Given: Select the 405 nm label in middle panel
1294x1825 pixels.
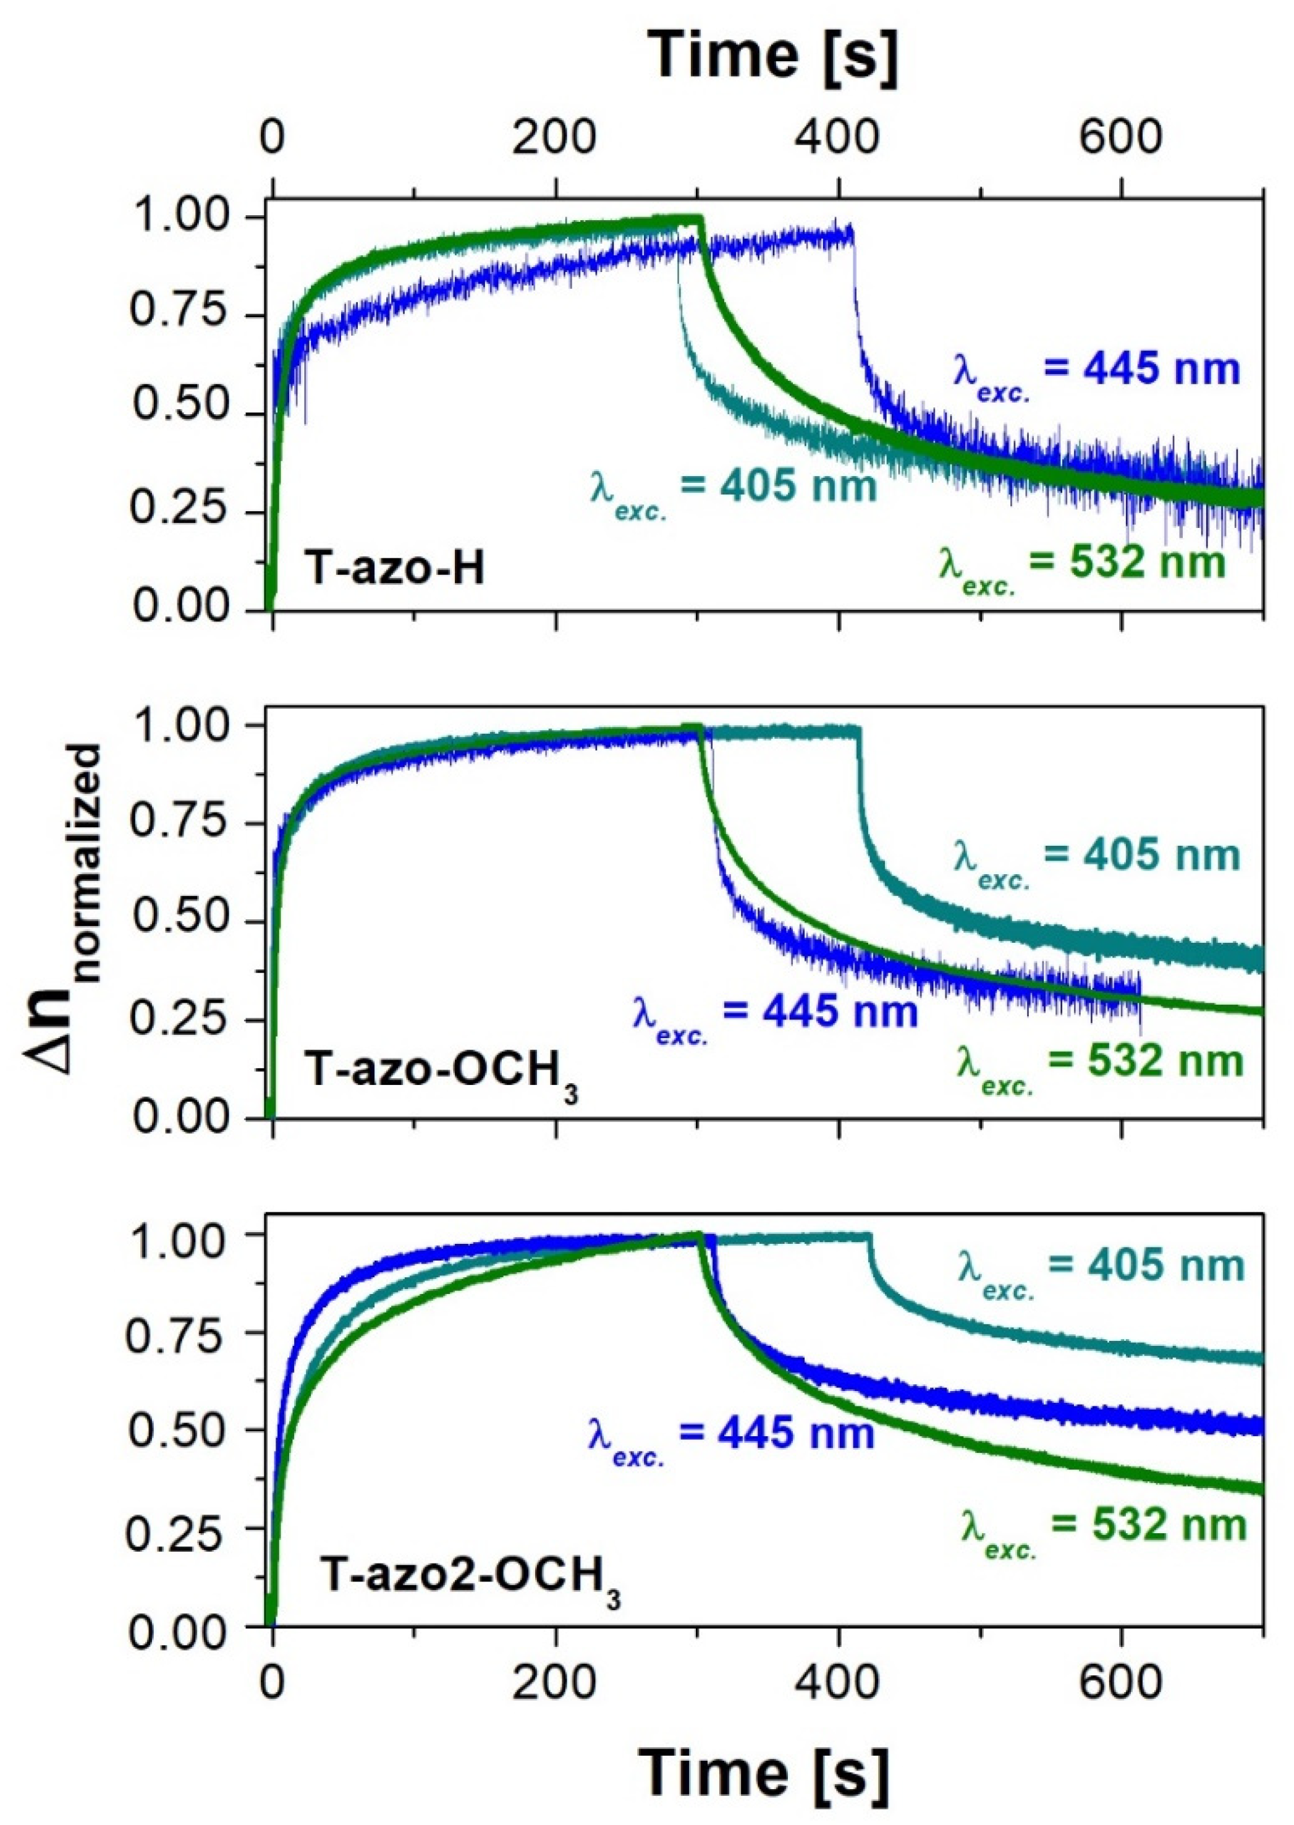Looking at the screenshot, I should tap(1096, 857).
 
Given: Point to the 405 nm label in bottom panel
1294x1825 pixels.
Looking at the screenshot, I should tap(1099, 1267).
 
